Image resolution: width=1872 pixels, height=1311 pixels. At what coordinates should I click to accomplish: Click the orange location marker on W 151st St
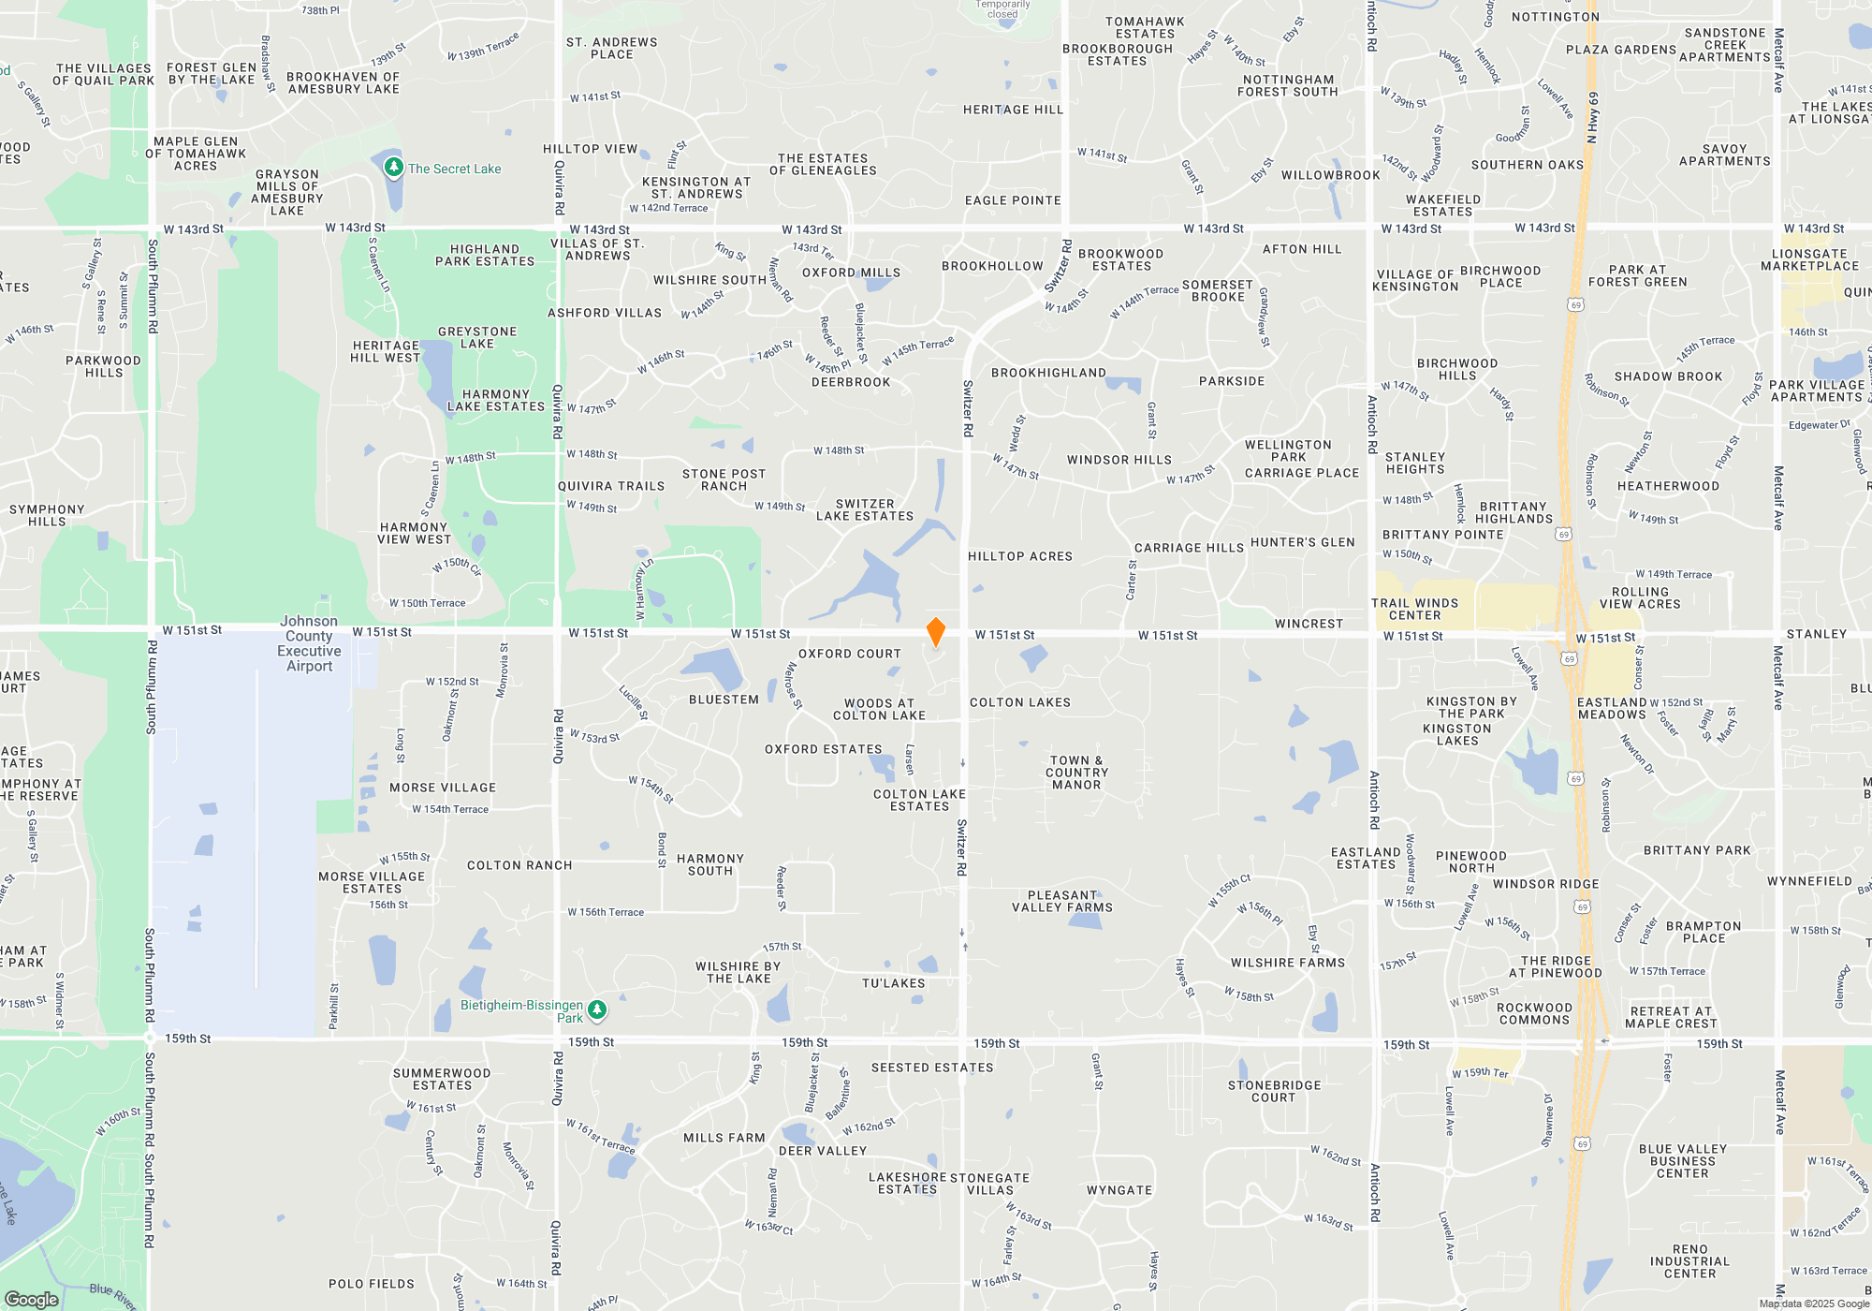935,632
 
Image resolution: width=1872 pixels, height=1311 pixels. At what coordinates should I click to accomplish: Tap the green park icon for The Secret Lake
394,168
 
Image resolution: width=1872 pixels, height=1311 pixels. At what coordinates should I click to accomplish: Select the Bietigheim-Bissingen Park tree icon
597,1009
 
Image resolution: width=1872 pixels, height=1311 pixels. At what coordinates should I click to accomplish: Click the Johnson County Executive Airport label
309,643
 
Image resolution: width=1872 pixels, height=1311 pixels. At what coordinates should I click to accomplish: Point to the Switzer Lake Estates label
864,510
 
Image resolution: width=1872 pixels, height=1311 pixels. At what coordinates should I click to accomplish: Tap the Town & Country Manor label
1076,773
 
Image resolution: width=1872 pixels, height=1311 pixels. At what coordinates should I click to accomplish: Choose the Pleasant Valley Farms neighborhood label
1062,902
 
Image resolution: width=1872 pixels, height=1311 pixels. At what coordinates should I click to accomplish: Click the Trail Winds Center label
1414,610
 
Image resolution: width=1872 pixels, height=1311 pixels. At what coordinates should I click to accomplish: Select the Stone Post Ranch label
724,480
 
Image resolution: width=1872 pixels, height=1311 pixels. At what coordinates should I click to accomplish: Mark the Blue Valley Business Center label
1682,1161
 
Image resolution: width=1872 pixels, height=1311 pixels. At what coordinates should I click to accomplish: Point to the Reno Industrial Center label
1689,1261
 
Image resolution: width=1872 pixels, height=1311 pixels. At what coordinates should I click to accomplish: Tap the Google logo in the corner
32,1299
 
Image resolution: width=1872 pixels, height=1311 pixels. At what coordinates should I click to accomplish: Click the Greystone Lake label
477,338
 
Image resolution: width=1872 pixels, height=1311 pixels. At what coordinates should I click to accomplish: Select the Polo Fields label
372,1284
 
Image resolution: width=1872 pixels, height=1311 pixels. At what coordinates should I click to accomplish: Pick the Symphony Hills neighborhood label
47,516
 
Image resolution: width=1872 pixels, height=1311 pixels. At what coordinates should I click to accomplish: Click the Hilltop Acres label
1020,556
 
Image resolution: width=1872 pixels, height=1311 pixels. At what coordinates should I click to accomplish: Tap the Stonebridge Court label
1274,1092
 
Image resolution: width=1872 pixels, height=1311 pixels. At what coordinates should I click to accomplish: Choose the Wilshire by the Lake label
738,973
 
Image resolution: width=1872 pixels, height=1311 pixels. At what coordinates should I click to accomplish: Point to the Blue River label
113,1296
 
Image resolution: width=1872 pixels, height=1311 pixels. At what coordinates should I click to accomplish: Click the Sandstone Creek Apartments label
1725,45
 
